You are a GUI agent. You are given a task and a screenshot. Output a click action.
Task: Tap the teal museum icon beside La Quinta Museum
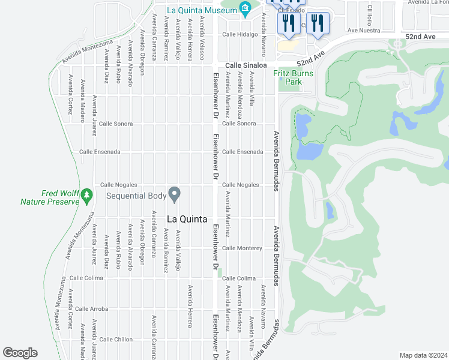point(245,8)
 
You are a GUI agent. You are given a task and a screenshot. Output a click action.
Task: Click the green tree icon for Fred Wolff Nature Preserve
point(87,195)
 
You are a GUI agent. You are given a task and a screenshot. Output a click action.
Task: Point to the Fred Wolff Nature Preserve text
point(50,198)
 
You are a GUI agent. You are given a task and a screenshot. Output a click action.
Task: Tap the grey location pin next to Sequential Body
point(175,194)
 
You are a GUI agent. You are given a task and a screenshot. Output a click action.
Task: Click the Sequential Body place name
point(136,196)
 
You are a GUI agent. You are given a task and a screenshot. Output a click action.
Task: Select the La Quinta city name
point(187,220)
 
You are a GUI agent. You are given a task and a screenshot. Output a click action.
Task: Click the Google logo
point(20,353)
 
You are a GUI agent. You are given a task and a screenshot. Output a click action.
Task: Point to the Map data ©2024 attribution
point(423,355)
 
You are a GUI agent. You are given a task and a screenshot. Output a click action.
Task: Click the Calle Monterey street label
point(242,248)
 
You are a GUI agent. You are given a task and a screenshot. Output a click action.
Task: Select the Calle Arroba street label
point(91,309)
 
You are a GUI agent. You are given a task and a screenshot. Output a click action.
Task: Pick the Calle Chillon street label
point(116,340)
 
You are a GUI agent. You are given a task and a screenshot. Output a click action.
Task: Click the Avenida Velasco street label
point(201,37)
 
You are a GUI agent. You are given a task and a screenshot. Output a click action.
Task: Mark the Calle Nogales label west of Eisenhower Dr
point(119,185)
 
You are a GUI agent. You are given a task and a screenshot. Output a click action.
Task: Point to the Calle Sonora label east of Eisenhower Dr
point(239,124)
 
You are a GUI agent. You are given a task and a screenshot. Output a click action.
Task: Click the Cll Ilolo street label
point(369,14)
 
